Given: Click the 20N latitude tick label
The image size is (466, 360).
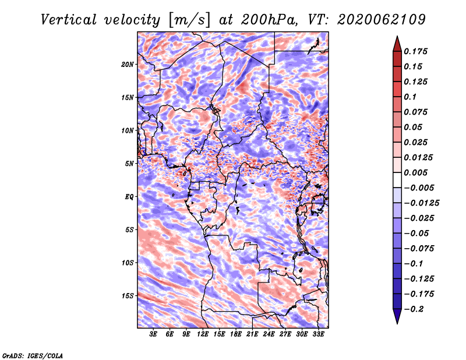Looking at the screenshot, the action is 128,65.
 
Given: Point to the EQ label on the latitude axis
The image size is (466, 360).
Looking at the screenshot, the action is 129,197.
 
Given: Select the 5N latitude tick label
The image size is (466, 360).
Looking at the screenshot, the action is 129,164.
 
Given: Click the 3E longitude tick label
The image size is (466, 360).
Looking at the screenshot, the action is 153,334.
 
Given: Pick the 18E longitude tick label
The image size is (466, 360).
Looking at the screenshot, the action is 236,334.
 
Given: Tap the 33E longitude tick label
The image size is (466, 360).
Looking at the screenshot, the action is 318,334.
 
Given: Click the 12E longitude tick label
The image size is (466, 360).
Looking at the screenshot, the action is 203,334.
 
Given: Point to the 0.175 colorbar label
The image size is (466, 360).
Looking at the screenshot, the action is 415,51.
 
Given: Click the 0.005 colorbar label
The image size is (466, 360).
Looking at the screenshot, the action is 415,172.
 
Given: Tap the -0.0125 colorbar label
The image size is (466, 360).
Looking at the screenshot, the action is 421,203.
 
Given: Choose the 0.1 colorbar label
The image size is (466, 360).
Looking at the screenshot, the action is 410,97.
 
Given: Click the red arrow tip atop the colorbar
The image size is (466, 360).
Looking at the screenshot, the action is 397,37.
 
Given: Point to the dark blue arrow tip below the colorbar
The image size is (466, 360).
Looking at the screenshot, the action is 397,323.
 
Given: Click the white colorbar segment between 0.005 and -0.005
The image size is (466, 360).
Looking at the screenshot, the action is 397,180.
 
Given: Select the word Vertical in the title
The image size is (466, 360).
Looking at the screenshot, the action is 69,20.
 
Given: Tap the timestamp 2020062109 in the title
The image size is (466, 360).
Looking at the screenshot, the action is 382,20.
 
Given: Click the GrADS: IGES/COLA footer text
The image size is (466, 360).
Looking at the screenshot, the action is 33,356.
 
